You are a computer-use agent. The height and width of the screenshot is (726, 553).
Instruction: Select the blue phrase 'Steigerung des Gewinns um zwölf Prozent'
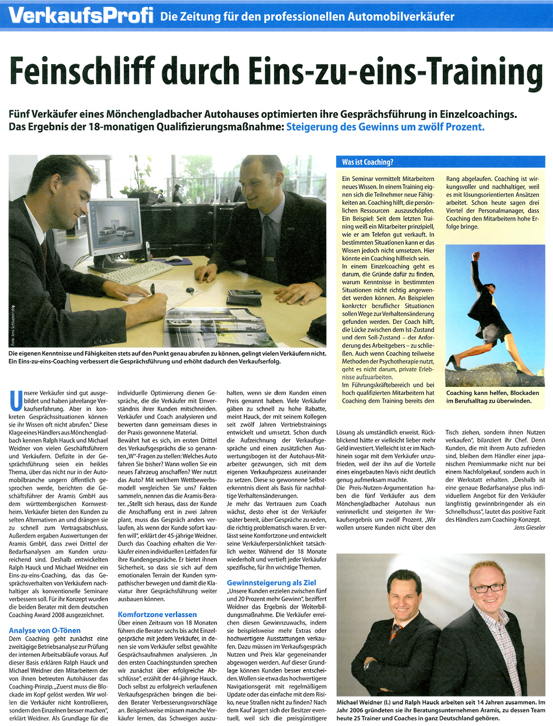(x=385, y=127)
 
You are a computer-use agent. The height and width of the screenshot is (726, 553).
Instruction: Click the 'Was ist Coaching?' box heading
(x=368, y=162)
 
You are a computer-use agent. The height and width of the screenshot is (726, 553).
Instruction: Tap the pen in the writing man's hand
(x=152, y=289)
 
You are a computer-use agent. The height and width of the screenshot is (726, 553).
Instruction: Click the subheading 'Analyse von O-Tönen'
(x=45, y=630)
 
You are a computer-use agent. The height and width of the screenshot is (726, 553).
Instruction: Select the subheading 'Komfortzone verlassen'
(x=157, y=614)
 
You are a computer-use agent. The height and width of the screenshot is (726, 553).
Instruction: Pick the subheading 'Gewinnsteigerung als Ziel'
(x=272, y=583)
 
